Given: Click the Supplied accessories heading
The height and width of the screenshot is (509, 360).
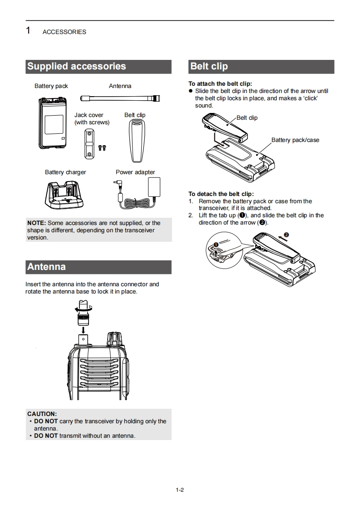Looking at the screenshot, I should tap(76, 66).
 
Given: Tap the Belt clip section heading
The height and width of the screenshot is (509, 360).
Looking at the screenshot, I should tap(209, 66).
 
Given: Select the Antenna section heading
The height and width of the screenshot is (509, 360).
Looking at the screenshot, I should tap(46, 267).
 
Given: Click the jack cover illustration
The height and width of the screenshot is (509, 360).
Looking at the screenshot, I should tap(89, 143).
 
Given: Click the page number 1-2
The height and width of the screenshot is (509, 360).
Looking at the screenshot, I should tap(180, 490).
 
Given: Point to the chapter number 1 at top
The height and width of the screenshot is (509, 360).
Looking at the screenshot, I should tap(29, 31).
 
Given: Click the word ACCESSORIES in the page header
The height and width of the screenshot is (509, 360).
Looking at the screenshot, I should tap(64, 32).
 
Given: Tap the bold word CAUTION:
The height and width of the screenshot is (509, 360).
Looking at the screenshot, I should tap(42, 414).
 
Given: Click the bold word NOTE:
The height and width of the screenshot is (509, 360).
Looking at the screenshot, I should tap(36, 223).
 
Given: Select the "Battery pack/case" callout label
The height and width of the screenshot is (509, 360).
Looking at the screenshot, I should tap(295, 140).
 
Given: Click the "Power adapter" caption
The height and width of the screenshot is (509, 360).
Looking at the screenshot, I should tap(135, 172).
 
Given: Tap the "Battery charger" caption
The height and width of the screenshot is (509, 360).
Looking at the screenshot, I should tap(65, 172).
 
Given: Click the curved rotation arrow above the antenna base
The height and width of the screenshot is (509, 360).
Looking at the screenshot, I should tap(83, 308).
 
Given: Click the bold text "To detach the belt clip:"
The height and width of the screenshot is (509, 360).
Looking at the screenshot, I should tap(221, 194).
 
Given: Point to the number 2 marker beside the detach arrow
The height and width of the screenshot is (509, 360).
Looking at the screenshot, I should tap(286, 235).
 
